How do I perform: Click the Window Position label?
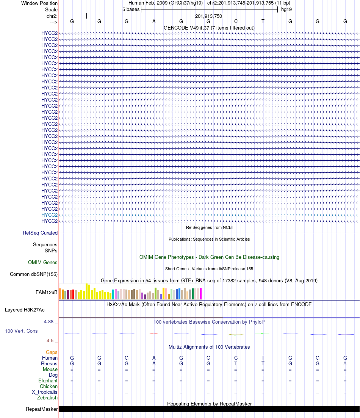[x=39, y=3]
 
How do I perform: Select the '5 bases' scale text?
[x=131, y=9]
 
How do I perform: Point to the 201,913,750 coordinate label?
[x=208, y=16]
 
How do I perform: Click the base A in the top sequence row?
[x=154, y=21]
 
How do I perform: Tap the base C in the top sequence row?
[x=236, y=21]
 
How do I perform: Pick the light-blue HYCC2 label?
[x=49, y=215]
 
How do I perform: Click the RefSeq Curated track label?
[x=40, y=233]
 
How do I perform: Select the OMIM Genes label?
[x=43, y=262]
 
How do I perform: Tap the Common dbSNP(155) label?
[x=34, y=274]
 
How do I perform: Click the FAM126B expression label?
[x=47, y=292]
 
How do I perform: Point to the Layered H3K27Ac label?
[x=31, y=310]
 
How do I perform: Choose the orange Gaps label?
[x=52, y=352]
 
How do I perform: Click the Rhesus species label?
[x=49, y=363]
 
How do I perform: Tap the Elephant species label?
[x=48, y=380]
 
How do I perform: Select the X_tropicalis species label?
[x=45, y=392]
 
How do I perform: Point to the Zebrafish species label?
[x=47, y=398]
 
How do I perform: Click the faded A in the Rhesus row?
[x=345, y=363]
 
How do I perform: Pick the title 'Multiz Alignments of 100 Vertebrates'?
[x=209, y=347]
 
